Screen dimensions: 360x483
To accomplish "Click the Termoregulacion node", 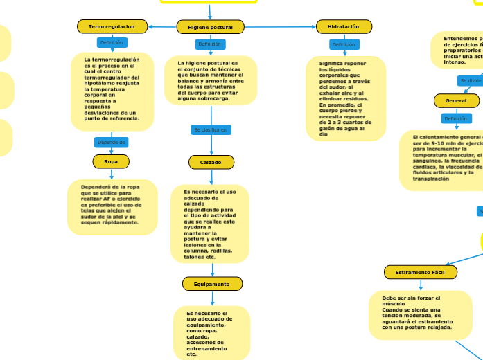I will [112, 26].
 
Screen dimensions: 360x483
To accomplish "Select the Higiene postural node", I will [210, 27].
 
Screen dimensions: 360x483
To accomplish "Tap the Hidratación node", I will [344, 26].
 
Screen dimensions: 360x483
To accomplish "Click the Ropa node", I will [111, 161].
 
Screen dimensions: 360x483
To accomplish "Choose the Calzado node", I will [211, 162].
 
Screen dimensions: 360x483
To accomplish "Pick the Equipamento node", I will [212, 284].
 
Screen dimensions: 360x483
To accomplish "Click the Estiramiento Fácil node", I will [420, 272].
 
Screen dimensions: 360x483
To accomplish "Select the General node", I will [456, 100].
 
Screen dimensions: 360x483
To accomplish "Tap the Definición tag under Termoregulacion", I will [112, 43].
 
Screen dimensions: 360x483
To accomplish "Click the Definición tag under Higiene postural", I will [209, 44].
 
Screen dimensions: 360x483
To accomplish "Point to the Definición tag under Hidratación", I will [343, 44].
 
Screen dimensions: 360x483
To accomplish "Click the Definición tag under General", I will [455, 118].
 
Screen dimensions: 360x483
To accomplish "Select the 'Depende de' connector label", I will [112, 143].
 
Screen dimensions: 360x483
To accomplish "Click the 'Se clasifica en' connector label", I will [210, 129].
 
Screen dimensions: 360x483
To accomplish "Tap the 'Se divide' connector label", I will [471, 81].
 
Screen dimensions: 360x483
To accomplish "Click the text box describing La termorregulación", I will [112, 91].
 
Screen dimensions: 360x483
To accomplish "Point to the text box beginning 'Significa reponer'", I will [345, 98].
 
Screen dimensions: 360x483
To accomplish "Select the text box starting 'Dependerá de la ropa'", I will [112, 206].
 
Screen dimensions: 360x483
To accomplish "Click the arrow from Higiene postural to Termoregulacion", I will [161, 27].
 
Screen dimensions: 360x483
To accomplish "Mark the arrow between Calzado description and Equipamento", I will [213, 270].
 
